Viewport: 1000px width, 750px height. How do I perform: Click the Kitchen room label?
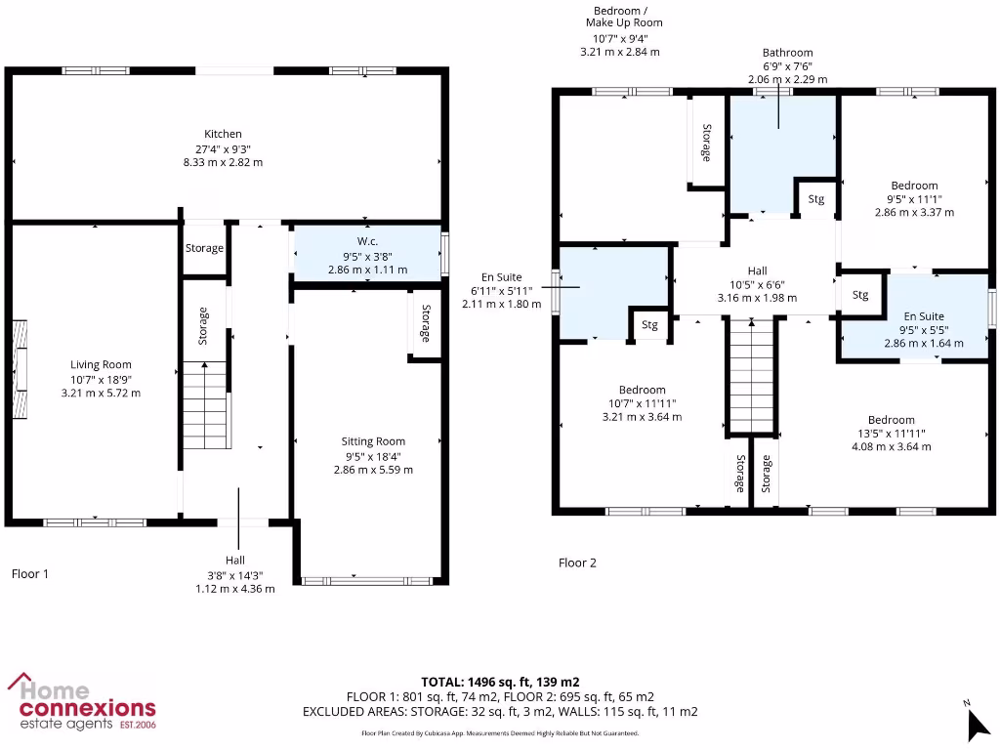pos(223,134)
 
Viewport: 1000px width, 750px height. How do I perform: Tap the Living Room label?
pos(101,365)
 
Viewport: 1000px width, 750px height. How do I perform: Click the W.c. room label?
pos(367,242)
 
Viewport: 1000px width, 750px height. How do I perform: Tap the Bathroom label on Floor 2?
pos(787,53)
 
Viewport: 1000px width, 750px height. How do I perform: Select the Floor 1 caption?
pos(30,574)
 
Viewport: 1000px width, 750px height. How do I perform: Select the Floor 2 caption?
pos(577,562)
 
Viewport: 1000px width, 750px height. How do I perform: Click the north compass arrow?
pos(977,724)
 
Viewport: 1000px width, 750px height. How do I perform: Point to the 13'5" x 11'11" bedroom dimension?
pos(892,434)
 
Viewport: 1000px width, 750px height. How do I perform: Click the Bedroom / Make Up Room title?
pos(624,17)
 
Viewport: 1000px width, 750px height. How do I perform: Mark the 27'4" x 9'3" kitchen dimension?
pos(223,148)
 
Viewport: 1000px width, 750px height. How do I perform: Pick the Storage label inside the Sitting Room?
pos(426,323)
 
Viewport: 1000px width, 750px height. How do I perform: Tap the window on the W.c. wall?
pos(444,253)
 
